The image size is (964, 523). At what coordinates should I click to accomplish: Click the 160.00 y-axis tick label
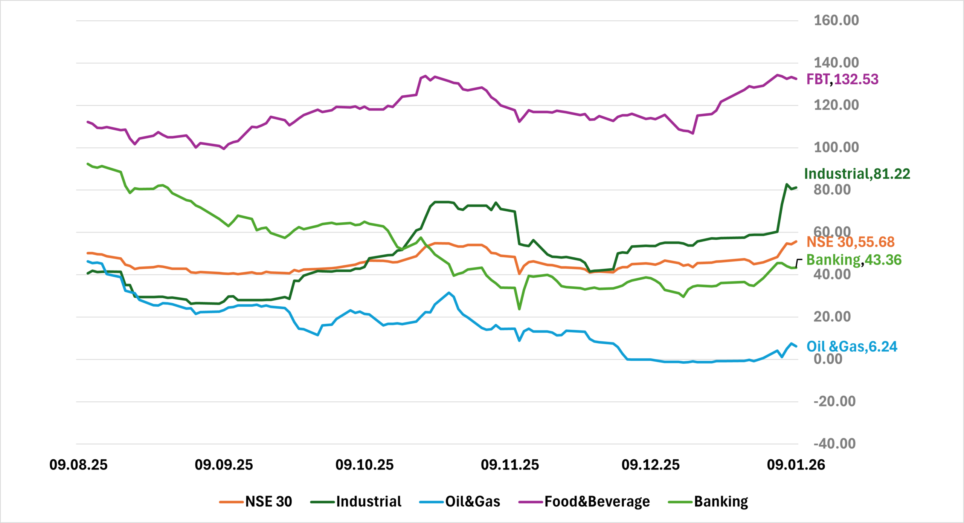836,20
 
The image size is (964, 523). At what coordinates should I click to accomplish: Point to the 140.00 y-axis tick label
836,63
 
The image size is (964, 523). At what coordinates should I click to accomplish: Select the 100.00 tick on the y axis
836,147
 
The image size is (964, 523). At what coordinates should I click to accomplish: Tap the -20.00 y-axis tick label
834,401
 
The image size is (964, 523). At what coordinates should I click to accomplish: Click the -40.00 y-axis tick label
834,443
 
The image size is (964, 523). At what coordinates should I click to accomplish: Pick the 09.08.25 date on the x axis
78,465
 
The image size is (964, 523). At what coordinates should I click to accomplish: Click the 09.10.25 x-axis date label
364,465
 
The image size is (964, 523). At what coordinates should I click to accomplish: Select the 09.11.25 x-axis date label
509,465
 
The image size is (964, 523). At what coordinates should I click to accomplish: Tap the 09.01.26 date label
796,465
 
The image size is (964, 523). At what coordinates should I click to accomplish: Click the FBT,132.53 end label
842,80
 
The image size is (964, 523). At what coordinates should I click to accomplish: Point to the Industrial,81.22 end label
857,174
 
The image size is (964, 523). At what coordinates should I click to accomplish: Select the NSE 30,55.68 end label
850,242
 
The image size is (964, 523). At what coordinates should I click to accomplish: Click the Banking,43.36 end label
854,260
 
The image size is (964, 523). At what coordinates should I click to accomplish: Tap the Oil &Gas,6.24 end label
851,347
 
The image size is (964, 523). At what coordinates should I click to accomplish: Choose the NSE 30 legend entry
256,502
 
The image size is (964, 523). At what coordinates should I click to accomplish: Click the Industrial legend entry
356,502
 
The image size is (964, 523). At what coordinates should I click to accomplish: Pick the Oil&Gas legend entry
460,502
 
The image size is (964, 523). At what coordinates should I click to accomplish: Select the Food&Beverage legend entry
584,502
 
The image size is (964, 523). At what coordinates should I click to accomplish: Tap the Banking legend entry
708,502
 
